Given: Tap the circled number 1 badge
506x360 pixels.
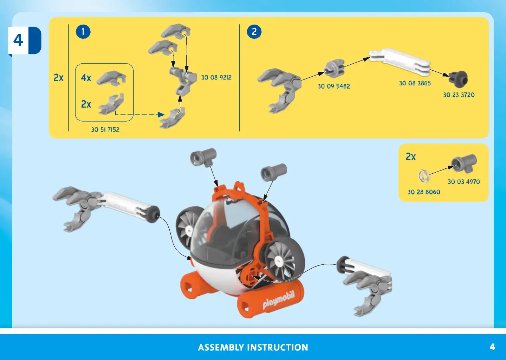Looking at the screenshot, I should pos(83,32).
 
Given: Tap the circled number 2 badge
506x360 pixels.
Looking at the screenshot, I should pos(254,32).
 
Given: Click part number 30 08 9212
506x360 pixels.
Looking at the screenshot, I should pos(216,77).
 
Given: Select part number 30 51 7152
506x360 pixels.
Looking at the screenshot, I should pos(105,130).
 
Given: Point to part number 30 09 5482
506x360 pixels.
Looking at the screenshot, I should pos(333,86).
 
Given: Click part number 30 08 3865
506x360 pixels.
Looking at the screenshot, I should pos(415,83).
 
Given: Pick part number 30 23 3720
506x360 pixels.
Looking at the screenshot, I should pos(459,95).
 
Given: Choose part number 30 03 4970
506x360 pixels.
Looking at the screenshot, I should pos(463,182).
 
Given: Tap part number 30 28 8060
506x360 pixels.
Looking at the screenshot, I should pos(424,192).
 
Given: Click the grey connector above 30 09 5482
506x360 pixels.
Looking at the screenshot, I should pos(334,68).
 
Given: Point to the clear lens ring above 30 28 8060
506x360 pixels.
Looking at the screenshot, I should pos(424,176).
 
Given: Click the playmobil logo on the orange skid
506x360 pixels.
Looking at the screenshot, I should pos(278,300).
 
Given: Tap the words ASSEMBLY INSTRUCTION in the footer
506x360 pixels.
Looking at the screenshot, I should pos(253,347).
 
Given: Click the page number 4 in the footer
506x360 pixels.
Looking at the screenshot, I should pos(492,347).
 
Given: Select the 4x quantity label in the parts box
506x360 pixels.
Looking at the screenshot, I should pos(86,78).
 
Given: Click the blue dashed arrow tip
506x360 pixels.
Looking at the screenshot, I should pos(161,114).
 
